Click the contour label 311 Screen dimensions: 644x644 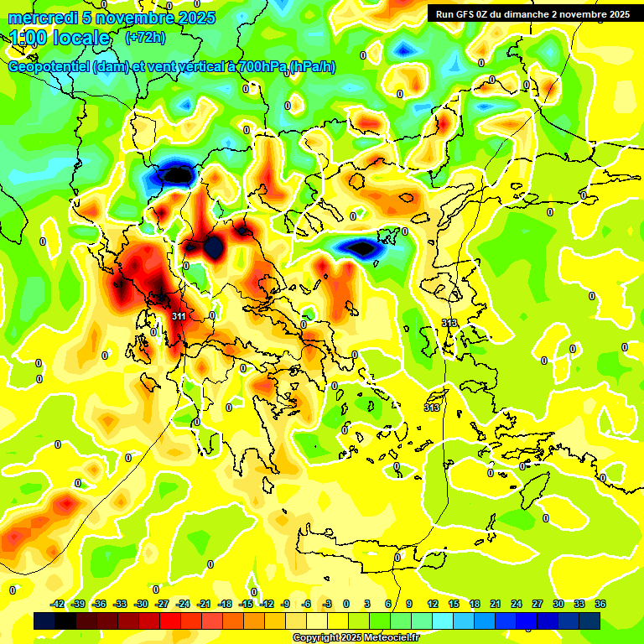(x=178, y=316)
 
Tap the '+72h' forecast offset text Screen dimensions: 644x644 (x=144, y=38)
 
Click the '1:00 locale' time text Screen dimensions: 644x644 (x=60, y=38)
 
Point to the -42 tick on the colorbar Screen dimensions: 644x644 (x=58, y=604)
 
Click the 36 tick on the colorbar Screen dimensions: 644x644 (x=600, y=604)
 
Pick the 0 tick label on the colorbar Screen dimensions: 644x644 (x=346, y=604)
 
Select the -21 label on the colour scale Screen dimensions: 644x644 (x=204, y=604)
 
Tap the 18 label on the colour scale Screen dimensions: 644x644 (x=475, y=604)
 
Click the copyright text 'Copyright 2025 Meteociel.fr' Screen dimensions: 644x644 (x=356, y=637)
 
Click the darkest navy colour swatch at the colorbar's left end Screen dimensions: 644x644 (x=44, y=621)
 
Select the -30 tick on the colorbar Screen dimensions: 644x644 (x=141, y=604)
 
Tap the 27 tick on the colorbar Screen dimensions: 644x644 (x=538, y=604)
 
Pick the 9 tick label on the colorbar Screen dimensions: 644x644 (x=409, y=604)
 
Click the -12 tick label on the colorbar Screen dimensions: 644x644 (x=267, y=604)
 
